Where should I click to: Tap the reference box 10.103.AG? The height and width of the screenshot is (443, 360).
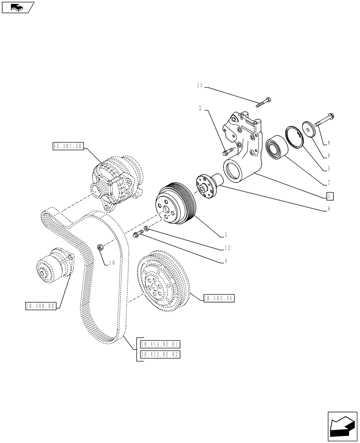[219, 298]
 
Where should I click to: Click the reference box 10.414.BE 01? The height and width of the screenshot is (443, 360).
[160, 345]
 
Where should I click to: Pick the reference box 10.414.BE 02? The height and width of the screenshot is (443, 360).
[160, 354]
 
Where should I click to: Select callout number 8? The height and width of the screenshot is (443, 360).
[328, 210]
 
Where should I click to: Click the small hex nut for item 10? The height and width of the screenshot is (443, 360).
[101, 247]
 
